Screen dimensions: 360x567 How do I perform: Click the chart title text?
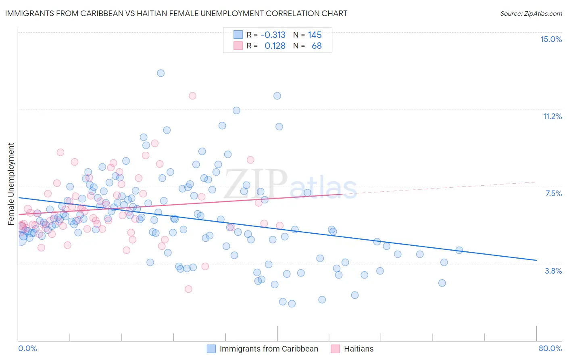click(176, 13)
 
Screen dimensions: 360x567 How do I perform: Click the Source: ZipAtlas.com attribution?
click(531, 13)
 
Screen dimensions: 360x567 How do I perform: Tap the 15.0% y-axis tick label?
click(551, 39)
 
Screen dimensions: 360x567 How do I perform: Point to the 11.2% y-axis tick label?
click(552, 116)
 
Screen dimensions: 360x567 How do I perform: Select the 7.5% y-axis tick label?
click(553, 193)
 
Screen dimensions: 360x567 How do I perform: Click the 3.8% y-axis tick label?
click(553, 271)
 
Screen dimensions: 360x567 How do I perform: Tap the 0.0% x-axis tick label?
click(27, 348)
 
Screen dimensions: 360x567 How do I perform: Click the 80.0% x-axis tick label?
click(550, 348)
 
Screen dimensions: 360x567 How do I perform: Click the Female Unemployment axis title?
click(11, 184)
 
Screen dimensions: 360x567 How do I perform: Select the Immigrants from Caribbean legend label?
click(269, 349)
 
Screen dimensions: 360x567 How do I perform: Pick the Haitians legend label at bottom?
click(359, 349)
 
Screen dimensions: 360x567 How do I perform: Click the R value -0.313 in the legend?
click(273, 35)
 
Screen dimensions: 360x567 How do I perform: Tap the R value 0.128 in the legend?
click(275, 46)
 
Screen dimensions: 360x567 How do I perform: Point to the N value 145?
click(315, 35)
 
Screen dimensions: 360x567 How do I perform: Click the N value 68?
click(317, 46)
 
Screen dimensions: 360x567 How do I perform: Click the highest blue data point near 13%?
click(161, 73)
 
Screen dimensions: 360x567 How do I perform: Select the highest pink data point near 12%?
click(192, 96)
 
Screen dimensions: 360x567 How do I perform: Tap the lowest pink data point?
click(188, 289)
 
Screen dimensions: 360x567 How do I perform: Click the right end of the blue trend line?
click(536, 260)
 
